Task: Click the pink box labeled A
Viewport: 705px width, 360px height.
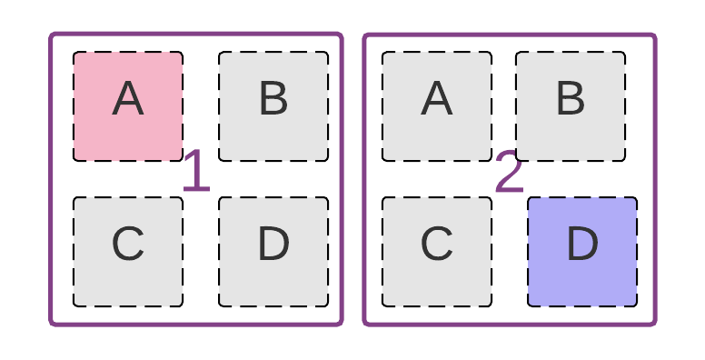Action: pos(128,106)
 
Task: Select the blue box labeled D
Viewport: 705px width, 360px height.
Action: pos(582,252)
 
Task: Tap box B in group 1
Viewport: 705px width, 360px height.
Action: pos(273,106)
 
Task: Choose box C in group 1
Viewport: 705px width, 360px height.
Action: pos(128,252)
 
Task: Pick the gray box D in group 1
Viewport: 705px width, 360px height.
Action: pos(273,252)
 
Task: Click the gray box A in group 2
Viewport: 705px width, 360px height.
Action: pos(437,106)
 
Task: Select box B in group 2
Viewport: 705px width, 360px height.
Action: pos(571,106)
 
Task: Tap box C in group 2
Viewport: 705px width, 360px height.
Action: pos(437,252)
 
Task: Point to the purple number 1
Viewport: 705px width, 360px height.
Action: pos(196,173)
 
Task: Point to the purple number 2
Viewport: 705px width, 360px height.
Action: pos(510,173)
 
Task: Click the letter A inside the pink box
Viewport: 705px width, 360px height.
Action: pos(128,99)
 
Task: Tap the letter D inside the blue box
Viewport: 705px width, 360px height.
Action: pos(582,245)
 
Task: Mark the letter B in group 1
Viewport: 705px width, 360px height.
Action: pos(273,99)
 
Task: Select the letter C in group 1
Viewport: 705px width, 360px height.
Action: pos(128,245)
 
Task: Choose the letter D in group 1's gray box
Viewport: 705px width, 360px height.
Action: pos(273,245)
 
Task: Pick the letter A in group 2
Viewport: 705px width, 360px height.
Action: pos(437,99)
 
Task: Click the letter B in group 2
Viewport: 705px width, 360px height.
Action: pos(571,99)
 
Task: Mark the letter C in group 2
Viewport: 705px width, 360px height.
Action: pos(437,245)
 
